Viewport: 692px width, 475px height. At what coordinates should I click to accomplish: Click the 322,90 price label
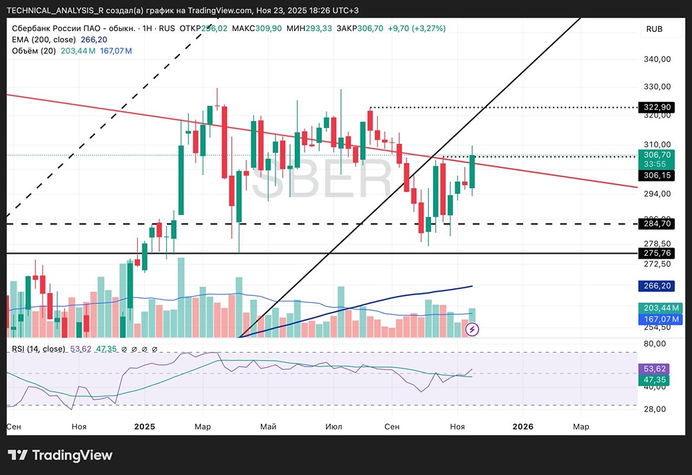click(657, 107)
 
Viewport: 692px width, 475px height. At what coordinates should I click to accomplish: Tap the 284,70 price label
click(657, 223)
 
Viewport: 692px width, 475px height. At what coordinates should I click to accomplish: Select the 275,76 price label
click(657, 253)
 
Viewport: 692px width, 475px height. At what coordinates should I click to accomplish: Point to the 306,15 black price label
click(657, 175)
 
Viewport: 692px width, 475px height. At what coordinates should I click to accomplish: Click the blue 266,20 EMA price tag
click(657, 286)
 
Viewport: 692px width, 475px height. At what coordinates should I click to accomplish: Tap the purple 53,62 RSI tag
click(654, 369)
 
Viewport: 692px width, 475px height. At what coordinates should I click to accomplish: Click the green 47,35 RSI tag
click(654, 380)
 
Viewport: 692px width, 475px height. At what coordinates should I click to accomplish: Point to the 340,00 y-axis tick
click(657, 59)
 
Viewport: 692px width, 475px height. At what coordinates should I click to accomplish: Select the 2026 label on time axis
click(522, 427)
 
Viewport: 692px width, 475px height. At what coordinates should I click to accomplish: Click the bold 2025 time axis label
click(145, 427)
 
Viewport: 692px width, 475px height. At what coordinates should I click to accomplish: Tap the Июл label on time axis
click(334, 427)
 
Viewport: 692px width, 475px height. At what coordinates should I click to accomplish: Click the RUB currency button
click(654, 29)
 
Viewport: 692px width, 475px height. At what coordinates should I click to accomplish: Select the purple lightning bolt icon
click(472, 329)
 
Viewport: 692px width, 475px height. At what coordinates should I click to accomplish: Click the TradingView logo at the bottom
click(60, 455)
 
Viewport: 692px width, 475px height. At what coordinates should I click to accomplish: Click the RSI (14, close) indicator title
click(38, 349)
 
